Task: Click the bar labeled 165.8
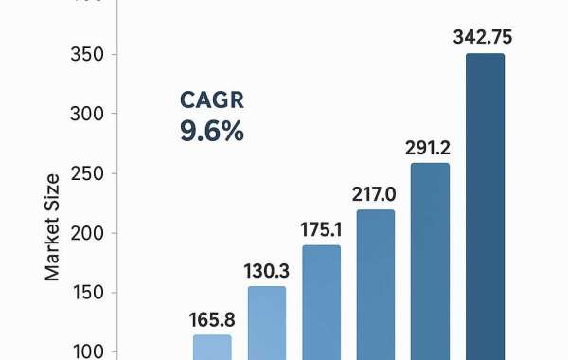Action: pos(212,348)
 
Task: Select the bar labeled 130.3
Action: pos(267,323)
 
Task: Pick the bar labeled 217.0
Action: pos(375,285)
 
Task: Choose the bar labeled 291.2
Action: pos(430,261)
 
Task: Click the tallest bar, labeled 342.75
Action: pos(485,207)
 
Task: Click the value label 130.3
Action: pos(267,270)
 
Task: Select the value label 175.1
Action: pos(322,230)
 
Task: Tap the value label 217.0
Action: pos(376,194)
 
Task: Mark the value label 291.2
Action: pos(429,148)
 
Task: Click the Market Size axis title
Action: pos(53,225)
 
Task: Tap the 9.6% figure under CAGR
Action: pos(212,131)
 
